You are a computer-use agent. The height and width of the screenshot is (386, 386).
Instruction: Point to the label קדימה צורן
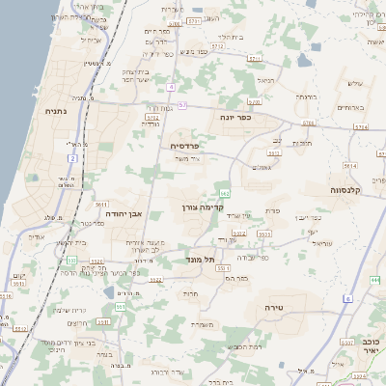[x=203, y=207]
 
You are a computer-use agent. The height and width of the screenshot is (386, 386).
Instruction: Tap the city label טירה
[x=278, y=307]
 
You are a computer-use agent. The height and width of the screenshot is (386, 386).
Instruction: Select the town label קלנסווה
[x=343, y=189]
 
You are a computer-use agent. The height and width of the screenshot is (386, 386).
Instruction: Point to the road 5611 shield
[x=100, y=205]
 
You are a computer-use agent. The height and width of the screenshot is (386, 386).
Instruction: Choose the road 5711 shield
[x=194, y=20]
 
